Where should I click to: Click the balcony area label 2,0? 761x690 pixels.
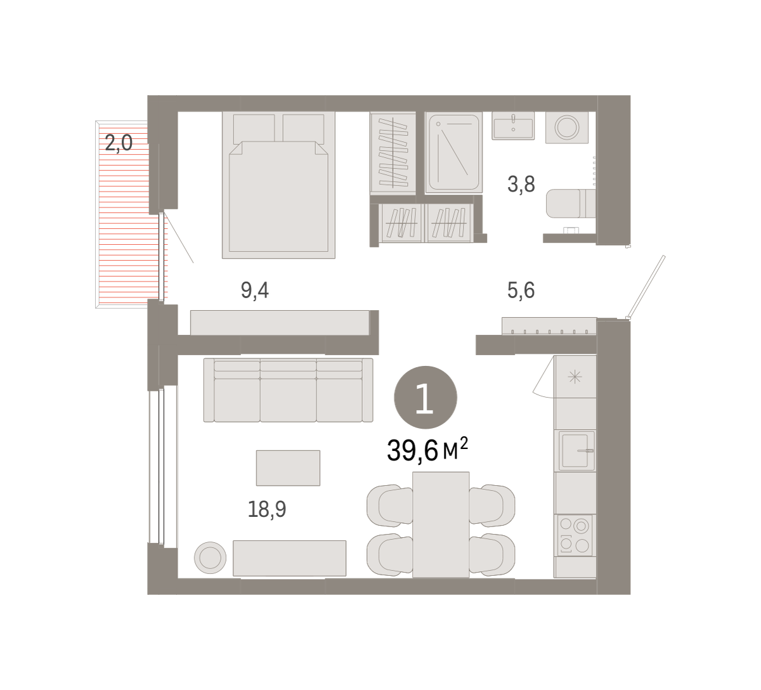[x=119, y=143]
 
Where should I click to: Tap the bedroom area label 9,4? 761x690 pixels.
[x=255, y=290]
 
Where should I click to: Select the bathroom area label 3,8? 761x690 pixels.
[x=521, y=185]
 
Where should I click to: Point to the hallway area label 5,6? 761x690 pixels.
[x=521, y=290]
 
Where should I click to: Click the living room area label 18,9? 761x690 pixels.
[x=267, y=509]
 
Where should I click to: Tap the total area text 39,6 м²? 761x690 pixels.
[x=427, y=450]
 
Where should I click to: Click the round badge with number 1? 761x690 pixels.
[x=426, y=398]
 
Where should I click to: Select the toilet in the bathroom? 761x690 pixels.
[x=571, y=204]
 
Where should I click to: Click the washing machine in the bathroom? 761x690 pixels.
[x=567, y=127]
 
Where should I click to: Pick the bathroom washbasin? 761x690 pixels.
[x=513, y=126]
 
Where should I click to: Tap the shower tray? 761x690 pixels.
[x=453, y=152]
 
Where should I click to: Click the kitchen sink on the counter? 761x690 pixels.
[x=575, y=450]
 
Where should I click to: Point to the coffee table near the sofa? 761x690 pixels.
[x=288, y=468]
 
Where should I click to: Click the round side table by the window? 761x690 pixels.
[x=210, y=557]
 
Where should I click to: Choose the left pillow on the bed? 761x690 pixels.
[x=254, y=129]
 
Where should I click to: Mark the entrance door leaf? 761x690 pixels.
[x=646, y=286]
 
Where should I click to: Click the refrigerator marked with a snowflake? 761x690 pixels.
[x=575, y=377]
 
